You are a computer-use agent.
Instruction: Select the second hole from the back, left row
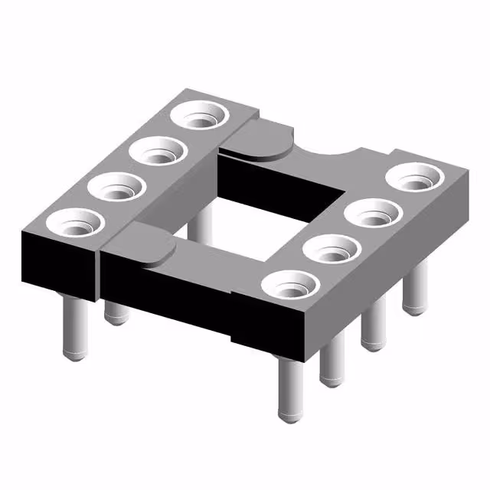click(x=159, y=152)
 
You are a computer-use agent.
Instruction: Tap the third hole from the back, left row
click(x=118, y=186)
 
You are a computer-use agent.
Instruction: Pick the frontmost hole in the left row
click(x=74, y=224)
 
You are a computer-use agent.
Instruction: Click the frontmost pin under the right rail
click(x=290, y=390)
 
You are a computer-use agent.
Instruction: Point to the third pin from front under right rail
click(x=374, y=329)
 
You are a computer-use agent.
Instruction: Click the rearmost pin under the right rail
click(x=414, y=291)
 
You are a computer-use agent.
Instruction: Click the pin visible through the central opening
click(x=201, y=222)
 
